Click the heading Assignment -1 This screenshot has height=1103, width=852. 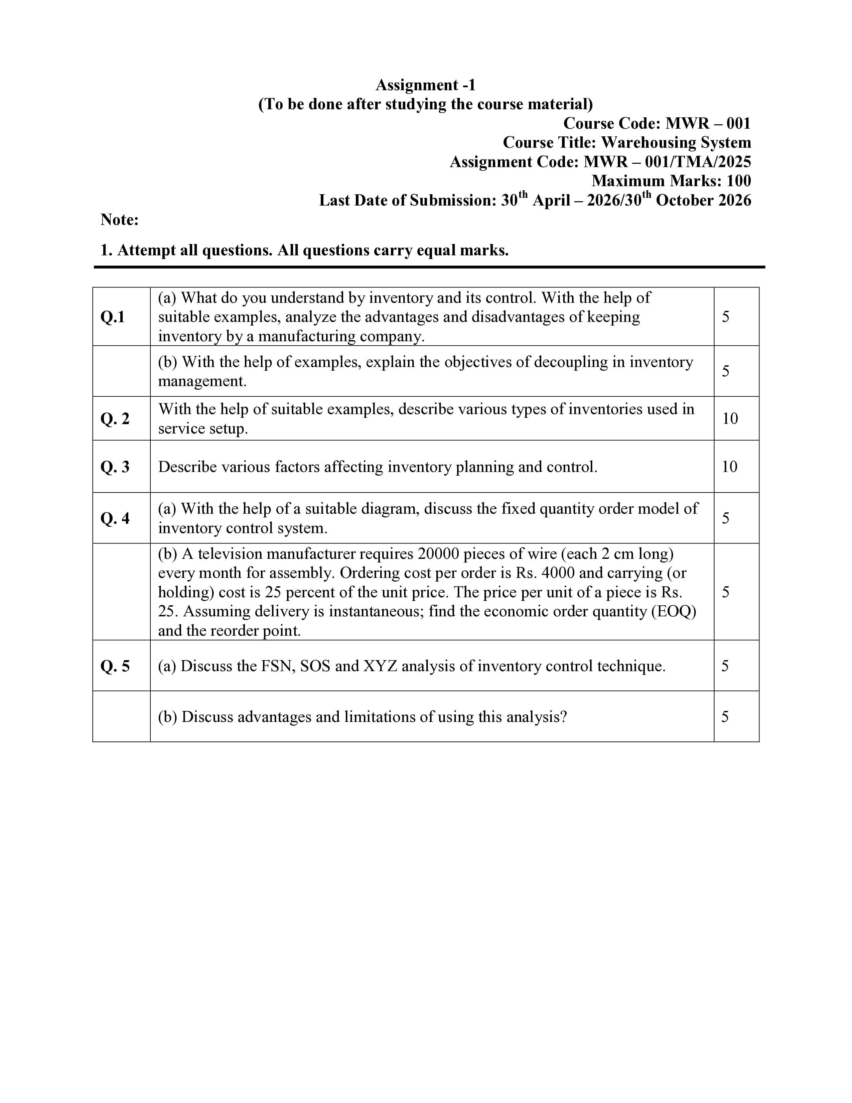[x=425, y=85]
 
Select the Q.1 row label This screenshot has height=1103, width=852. [x=113, y=317]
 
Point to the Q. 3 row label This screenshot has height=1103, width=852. [x=115, y=467]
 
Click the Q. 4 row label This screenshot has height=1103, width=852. [x=115, y=518]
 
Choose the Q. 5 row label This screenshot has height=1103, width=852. [x=115, y=666]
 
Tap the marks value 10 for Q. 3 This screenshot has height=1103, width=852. [x=730, y=467]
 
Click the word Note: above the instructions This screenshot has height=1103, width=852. [x=120, y=220]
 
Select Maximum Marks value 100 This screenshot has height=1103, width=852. [x=738, y=181]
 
